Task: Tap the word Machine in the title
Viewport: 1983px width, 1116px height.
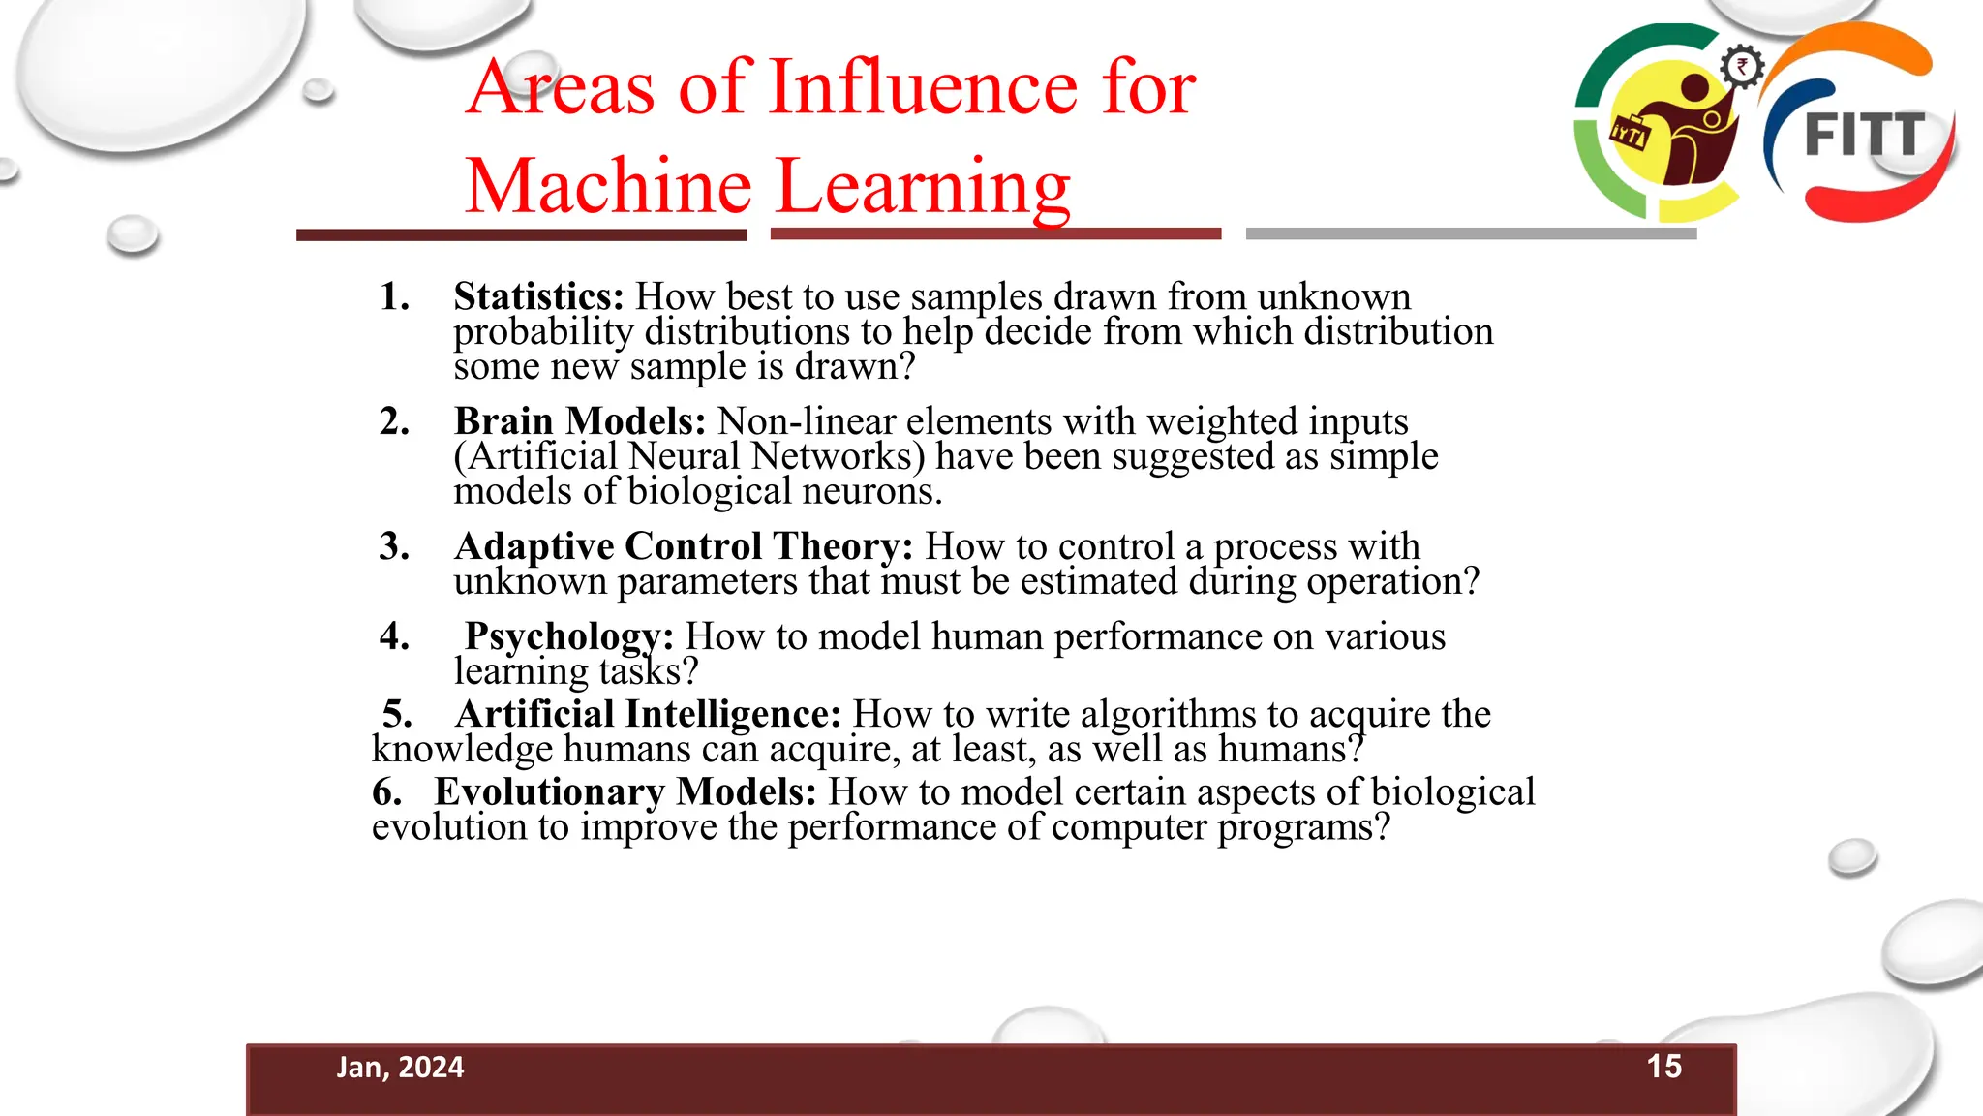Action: click(608, 186)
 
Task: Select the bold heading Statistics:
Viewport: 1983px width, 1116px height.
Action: click(538, 296)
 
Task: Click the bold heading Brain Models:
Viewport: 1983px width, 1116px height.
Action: click(580, 421)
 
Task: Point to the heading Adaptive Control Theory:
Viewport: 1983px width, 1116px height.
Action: click(684, 546)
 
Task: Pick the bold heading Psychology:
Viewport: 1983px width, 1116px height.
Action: click(568, 636)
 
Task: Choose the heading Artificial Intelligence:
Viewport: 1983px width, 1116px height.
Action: click(648, 714)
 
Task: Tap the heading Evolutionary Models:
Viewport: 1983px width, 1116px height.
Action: click(625, 791)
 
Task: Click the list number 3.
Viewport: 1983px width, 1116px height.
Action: click(393, 546)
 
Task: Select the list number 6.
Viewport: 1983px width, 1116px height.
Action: click(386, 791)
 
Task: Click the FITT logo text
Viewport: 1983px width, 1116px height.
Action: click(1864, 136)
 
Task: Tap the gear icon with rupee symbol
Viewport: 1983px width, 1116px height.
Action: click(1742, 68)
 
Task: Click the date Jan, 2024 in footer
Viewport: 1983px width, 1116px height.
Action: click(400, 1068)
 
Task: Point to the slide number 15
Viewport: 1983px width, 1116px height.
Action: click(1663, 1067)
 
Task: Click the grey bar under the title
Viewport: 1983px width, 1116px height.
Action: click(1471, 233)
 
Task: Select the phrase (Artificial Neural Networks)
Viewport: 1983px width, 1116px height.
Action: click(689, 456)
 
